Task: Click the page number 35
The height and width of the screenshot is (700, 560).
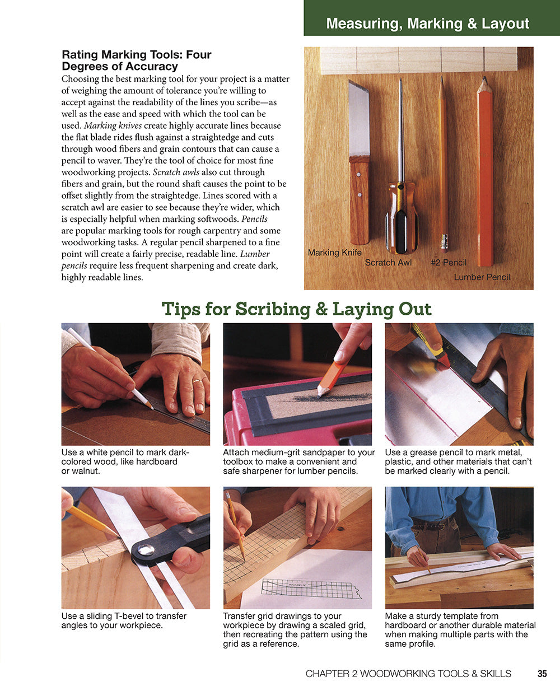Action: tap(542, 674)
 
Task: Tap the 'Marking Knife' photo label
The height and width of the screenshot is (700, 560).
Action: tap(334, 253)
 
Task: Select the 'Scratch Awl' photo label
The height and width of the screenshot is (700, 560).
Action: tap(388, 262)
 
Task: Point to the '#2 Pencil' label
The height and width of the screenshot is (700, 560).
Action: tap(448, 262)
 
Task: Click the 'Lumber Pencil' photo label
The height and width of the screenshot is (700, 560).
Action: tap(482, 277)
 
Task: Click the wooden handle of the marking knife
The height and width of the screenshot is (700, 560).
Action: tap(359, 199)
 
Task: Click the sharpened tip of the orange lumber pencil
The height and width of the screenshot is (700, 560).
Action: tap(484, 85)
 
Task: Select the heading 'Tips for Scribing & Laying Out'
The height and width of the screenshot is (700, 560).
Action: tap(296, 309)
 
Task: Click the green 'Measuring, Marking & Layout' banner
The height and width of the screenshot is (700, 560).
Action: tap(427, 24)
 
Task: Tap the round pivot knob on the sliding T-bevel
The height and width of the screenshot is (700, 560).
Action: tap(146, 549)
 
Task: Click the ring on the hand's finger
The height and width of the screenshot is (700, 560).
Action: tap(198, 381)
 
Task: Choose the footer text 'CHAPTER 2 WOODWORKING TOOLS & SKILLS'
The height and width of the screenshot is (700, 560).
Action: tap(408, 674)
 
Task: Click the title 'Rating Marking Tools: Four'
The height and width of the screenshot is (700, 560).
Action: tap(136, 55)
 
